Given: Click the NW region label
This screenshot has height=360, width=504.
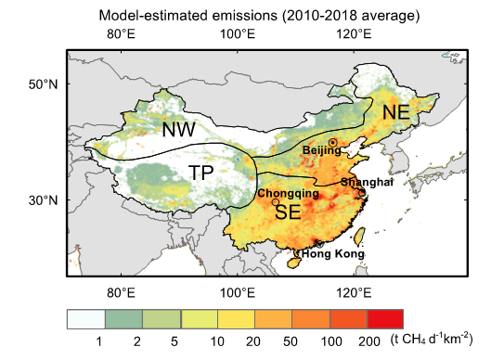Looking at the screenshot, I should point(178,130).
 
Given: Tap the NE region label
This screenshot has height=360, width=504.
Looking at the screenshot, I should point(395,112).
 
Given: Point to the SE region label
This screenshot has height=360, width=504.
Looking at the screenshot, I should point(288,212).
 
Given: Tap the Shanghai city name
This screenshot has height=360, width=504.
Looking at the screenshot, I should point(367,183).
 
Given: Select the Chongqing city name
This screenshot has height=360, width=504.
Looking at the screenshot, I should point(288,194).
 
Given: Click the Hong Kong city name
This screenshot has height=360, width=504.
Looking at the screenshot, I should point(333,254).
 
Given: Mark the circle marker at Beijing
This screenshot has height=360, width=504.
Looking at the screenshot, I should point(332,142).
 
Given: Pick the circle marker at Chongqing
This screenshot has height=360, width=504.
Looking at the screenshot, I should point(276,201).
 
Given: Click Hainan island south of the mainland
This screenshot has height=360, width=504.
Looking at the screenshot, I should point(296,263).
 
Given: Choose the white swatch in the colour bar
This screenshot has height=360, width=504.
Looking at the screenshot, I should point(85,319).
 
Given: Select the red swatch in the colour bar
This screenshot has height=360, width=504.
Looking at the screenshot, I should point(385,319).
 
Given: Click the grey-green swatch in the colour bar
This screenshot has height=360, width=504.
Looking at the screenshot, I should point(123,319).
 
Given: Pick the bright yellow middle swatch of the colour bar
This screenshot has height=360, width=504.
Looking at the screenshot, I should point(236,319).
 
